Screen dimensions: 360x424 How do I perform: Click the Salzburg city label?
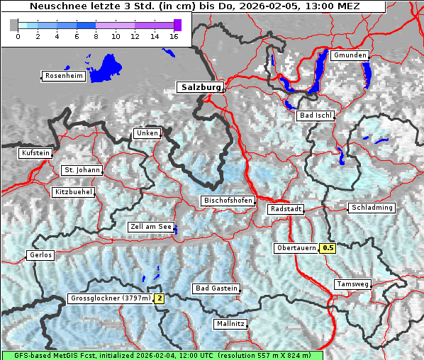(x=199, y=87)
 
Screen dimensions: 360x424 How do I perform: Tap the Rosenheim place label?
(x=64, y=76)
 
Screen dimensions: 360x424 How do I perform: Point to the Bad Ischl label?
(x=315, y=116)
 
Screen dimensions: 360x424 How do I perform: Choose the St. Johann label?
(x=82, y=170)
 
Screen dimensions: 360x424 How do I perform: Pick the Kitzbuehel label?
(x=73, y=192)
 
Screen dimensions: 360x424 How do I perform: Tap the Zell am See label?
(x=151, y=227)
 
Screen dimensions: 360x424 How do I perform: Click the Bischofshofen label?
(x=228, y=201)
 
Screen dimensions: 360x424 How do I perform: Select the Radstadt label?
(x=286, y=209)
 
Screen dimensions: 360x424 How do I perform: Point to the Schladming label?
(x=371, y=208)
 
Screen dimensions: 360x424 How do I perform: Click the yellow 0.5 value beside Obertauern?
(x=328, y=248)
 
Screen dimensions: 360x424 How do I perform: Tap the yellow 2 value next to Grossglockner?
(x=160, y=298)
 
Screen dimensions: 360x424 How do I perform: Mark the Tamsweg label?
(x=352, y=284)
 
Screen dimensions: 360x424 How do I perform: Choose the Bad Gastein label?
(x=216, y=288)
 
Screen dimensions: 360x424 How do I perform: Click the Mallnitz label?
(x=230, y=324)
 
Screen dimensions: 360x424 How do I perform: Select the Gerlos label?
(x=40, y=255)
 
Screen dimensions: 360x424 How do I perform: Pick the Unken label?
(x=147, y=133)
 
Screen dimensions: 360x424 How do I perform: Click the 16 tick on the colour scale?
(x=174, y=36)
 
